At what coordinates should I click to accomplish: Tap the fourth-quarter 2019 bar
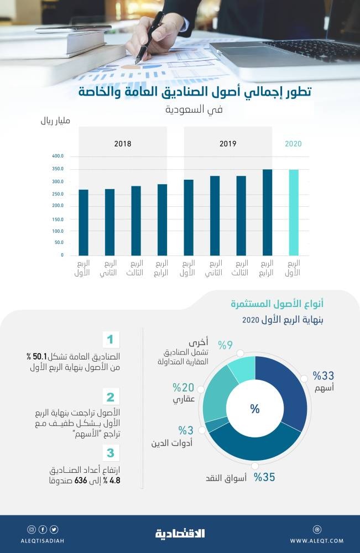pos(268,212)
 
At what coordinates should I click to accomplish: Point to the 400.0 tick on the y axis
pos(59,156)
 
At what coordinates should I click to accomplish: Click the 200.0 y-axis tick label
pos(59,206)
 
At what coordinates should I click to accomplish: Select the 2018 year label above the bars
pos(122,144)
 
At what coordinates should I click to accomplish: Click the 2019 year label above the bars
pos(228,144)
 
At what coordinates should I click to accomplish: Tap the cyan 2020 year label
pos(293,144)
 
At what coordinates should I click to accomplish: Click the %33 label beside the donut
pos(324,376)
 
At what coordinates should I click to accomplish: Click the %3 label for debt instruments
pos(185,430)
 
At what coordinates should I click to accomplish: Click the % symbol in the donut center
pos(255,409)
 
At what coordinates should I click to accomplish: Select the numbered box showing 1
pos(110,339)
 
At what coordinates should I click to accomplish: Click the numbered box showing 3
pos(110,453)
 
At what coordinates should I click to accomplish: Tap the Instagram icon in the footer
pos(32,529)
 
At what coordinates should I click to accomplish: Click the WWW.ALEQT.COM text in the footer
pos(316,540)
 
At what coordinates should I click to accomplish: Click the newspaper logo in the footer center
pos(180,534)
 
